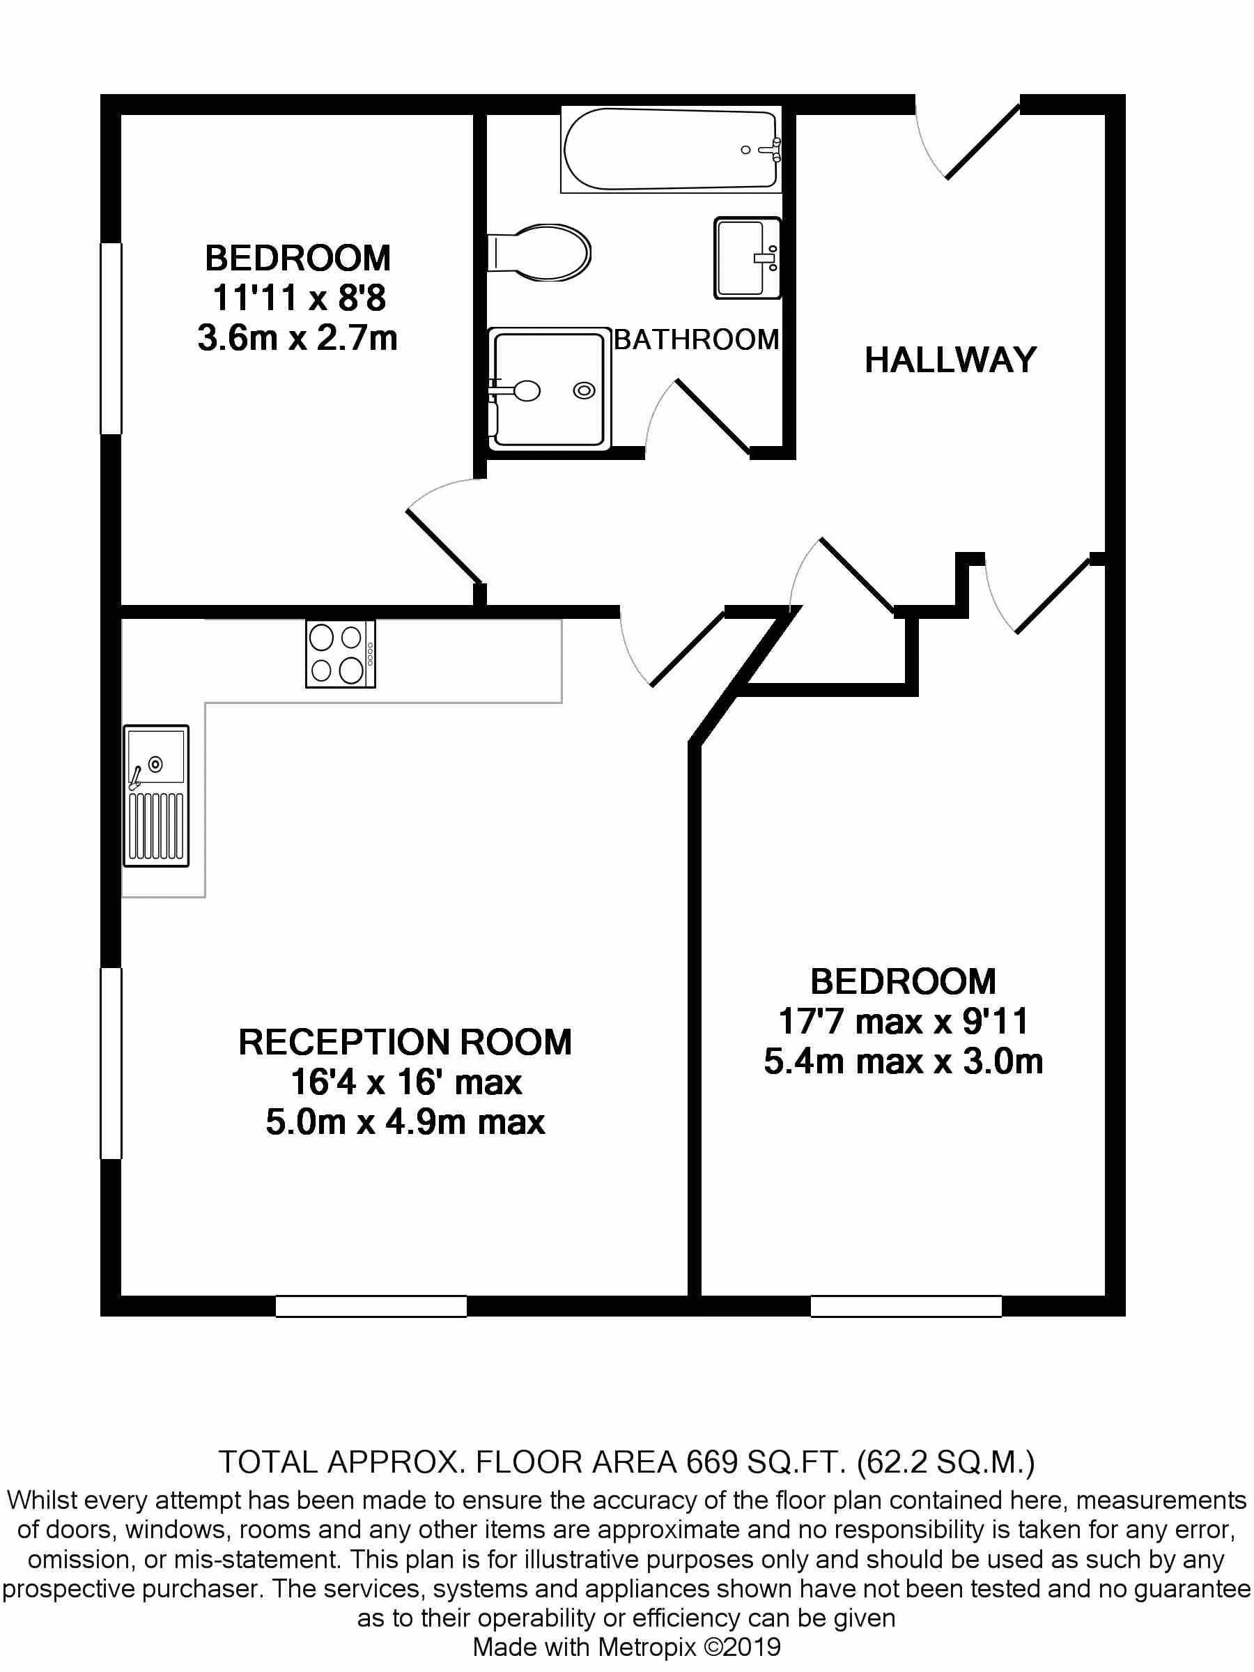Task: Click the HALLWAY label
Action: tap(950, 360)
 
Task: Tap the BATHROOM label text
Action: tap(697, 340)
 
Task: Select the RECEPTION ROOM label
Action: tap(405, 1043)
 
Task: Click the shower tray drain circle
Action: tap(583, 390)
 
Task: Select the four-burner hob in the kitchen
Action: tap(340, 654)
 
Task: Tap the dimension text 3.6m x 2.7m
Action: tap(297, 339)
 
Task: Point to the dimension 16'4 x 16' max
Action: tap(406, 1083)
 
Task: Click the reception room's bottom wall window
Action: tap(370, 1305)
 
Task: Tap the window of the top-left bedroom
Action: tap(111, 338)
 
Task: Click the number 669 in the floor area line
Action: tap(711, 1464)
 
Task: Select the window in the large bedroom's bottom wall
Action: tap(906, 1305)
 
